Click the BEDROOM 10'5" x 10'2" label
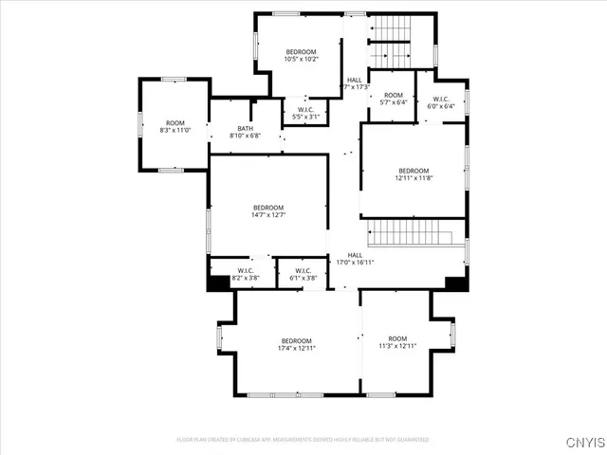(301, 55)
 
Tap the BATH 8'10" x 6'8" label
(245, 133)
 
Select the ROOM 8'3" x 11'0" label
(175, 126)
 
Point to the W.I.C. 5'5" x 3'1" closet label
(304, 113)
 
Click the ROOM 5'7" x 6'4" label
(393, 99)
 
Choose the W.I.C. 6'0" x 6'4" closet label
(441, 102)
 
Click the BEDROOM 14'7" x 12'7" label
(268, 211)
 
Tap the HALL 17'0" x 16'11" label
(355, 259)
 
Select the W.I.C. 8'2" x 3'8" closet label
(247, 275)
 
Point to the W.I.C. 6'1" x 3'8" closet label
(303, 275)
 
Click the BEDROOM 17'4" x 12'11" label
(296, 344)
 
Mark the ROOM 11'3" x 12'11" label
(397, 342)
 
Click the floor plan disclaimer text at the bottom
(303, 440)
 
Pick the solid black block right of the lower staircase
(455, 282)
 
